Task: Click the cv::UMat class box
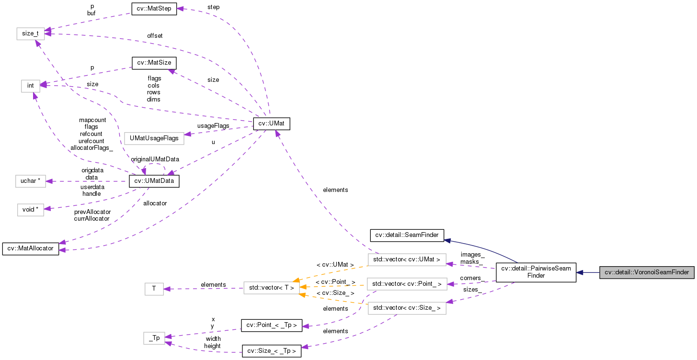272,124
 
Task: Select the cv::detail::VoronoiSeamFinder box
647,272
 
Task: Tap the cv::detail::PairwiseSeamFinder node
536,272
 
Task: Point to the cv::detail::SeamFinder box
407,235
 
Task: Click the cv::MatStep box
154,9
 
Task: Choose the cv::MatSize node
154,63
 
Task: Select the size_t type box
30,34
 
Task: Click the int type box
30,86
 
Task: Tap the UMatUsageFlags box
154,138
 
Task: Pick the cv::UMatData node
154,181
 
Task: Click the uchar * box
30,181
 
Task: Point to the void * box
30,210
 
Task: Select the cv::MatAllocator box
30,249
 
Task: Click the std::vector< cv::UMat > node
407,259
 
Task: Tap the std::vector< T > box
271,288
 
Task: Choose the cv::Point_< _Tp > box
271,326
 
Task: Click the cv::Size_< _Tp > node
271,351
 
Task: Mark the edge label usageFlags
213,126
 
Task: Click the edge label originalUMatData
155,159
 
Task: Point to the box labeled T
154,289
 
